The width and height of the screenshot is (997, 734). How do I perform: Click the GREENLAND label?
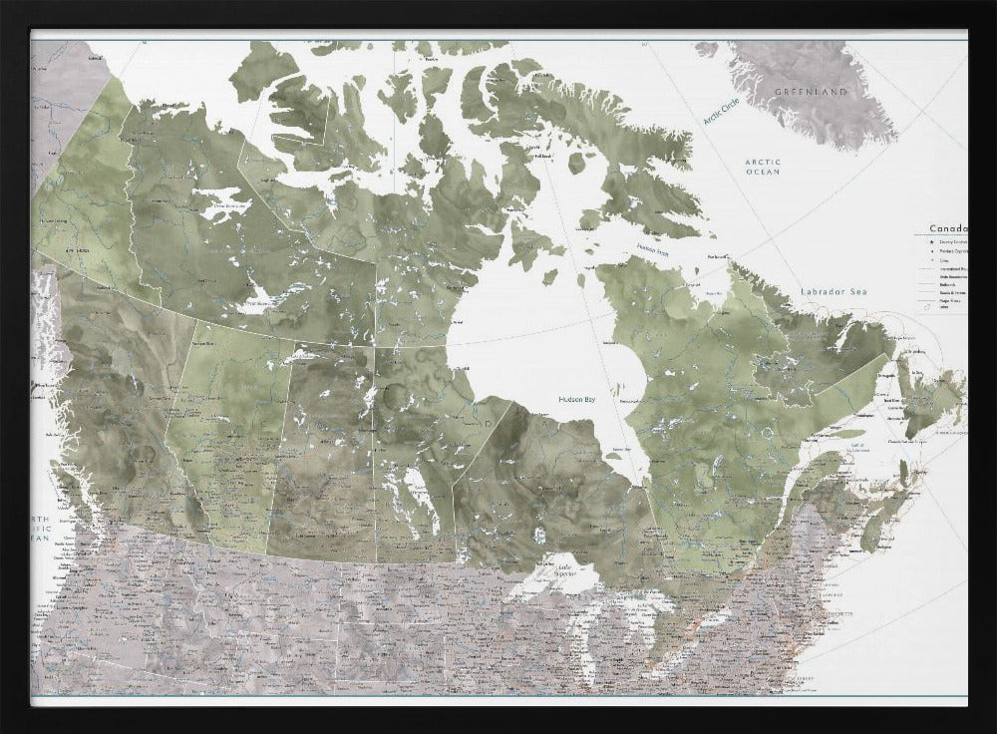click(x=811, y=92)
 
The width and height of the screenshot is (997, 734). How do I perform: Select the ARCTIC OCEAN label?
click(x=763, y=167)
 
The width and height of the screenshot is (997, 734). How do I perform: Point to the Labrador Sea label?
click(x=835, y=291)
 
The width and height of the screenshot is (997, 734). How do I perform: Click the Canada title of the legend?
click(x=946, y=228)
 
